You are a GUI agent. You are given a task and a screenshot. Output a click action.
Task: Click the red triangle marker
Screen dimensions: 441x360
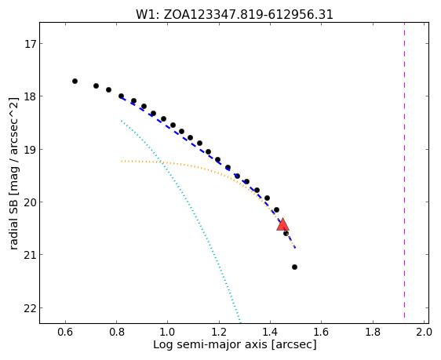(282, 225)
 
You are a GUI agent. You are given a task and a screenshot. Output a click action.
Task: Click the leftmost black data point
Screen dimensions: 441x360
(75, 82)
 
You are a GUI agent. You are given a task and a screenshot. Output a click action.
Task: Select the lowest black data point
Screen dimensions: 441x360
(294, 267)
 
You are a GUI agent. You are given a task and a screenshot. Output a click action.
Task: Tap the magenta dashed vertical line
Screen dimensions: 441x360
(404, 170)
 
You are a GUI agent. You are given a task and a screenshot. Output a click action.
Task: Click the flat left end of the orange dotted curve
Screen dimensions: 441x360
(122, 161)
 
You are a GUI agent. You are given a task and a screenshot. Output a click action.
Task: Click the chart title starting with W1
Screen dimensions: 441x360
(235, 15)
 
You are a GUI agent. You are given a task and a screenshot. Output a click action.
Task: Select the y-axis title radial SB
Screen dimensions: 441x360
(13, 173)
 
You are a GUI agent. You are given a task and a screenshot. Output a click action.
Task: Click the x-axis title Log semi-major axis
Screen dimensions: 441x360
(235, 344)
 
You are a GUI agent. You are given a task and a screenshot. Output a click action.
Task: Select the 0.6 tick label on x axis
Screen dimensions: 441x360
(65, 333)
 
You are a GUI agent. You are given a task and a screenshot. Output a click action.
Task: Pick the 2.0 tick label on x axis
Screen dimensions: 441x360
(424, 333)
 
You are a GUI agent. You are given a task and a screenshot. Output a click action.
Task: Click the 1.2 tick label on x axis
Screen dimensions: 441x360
(219, 333)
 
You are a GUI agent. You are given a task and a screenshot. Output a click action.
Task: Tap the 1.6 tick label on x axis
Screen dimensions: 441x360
(321, 333)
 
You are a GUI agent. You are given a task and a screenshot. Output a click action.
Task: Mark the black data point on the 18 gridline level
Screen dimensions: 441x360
(121, 96)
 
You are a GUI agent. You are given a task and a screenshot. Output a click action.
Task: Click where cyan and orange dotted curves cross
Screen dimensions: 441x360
(162, 162)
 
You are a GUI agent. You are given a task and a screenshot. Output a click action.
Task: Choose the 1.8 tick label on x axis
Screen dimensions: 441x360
(373, 333)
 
